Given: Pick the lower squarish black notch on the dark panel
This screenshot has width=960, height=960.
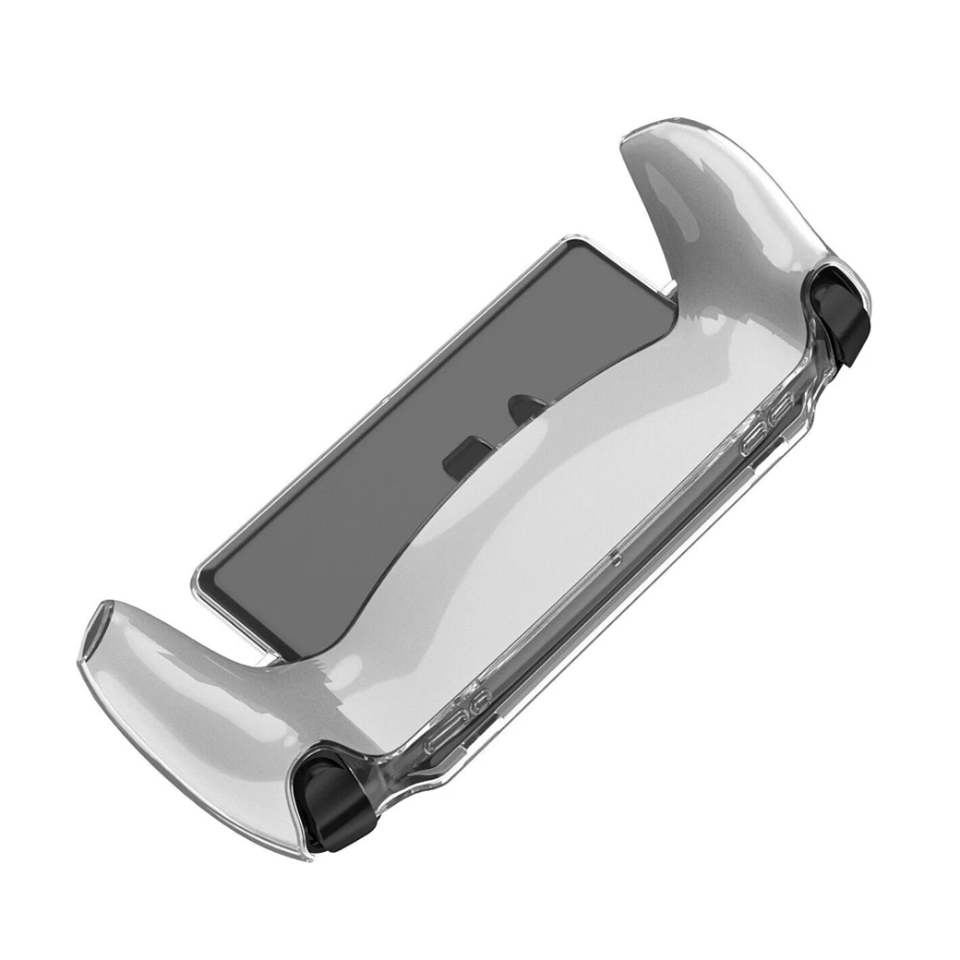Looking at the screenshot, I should click(457, 461).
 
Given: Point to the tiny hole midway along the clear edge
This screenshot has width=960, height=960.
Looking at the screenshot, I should click(615, 558).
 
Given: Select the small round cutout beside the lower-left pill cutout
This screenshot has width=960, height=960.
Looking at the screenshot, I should click(476, 706).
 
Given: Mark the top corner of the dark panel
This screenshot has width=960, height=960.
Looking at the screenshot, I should click(574, 242).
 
